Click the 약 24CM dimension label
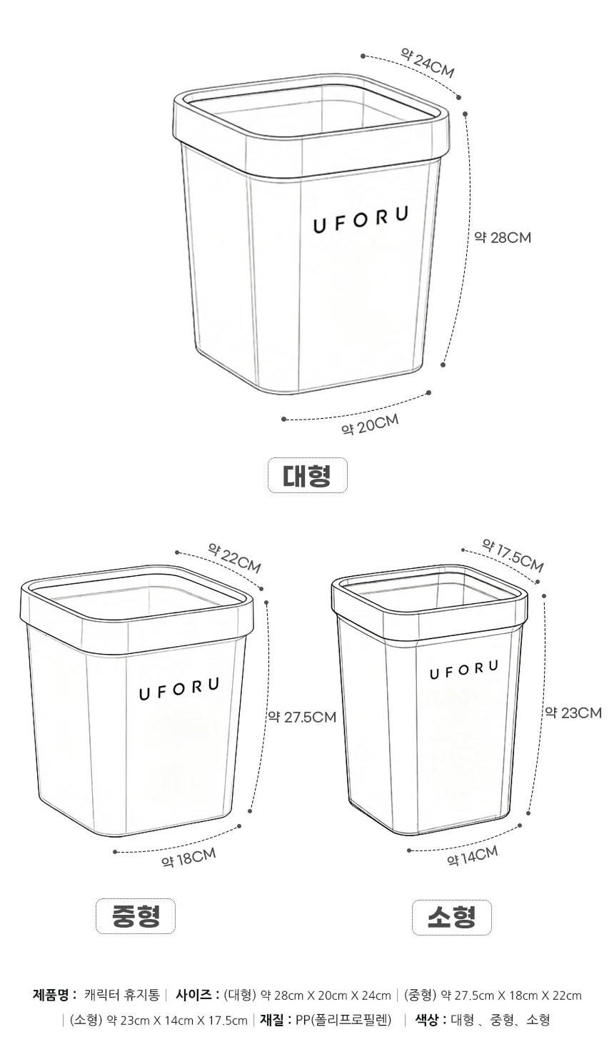coord(427,64)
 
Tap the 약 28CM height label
coord(503,238)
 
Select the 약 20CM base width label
coord(370,425)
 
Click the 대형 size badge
coord(307,475)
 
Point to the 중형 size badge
coord(136,916)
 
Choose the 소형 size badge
coord(451,917)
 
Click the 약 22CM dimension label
coord(234,558)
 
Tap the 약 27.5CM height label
coord(302,717)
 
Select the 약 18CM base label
coord(188,858)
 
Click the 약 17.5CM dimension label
coord(512,555)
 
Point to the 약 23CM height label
coord(573,713)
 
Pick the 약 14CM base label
coord(472,856)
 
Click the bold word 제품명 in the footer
coord(51,995)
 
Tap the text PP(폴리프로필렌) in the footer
coord(343,1020)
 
